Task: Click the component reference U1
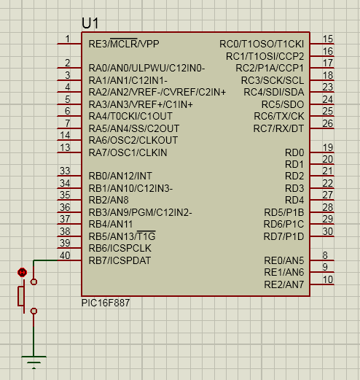[x=90, y=23]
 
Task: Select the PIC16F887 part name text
[x=106, y=303]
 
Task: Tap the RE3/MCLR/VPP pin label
[x=124, y=44]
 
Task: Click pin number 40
[x=65, y=255]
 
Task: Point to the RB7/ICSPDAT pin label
[x=120, y=260]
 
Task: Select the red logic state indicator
[x=22, y=272]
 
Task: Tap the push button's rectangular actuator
[x=21, y=296]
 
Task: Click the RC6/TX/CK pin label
[x=279, y=116]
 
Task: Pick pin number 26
[x=328, y=123]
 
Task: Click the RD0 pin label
[x=294, y=152]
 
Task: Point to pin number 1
[x=68, y=39]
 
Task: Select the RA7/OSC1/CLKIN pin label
[x=128, y=152]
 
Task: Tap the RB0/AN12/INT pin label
[x=120, y=176]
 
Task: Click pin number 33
[x=65, y=171]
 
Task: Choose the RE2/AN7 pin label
[x=284, y=284]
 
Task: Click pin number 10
[x=328, y=279]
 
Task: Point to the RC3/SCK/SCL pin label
[x=273, y=80]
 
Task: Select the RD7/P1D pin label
[x=283, y=236]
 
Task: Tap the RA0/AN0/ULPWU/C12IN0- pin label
[x=146, y=68]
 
